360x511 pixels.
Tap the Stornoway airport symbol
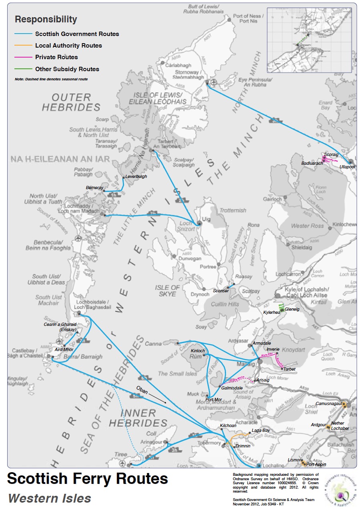[214, 82]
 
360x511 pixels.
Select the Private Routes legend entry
[56, 57]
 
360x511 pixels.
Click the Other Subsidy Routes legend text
[67, 69]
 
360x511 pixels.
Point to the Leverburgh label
[136, 176]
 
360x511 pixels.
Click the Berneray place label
[94, 188]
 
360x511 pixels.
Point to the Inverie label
[273, 349]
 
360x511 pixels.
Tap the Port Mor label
[213, 399]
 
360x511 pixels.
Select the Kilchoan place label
[228, 426]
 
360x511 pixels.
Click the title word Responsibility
[46, 19]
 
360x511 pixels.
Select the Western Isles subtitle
[49, 498]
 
